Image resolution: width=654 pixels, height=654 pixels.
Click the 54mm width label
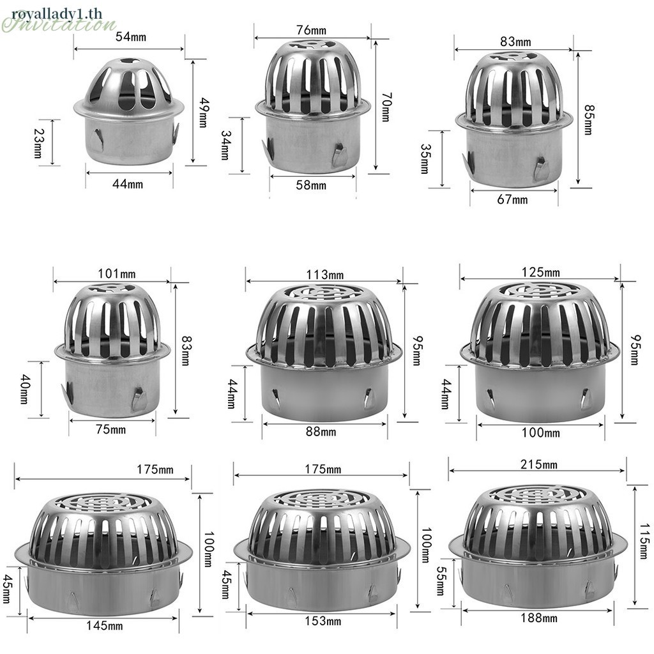click(131, 36)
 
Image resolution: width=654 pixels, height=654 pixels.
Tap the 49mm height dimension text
click(203, 112)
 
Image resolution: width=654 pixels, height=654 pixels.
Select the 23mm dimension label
click(38, 142)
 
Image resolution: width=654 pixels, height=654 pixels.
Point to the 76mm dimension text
click(311, 30)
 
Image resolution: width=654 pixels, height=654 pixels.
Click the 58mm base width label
click(311, 185)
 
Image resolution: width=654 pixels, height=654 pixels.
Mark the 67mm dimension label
click(512, 199)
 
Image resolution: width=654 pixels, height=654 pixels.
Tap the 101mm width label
click(117, 273)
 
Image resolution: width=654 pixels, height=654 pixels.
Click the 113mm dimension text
click(325, 275)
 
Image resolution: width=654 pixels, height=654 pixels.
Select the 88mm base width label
click(321, 431)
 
